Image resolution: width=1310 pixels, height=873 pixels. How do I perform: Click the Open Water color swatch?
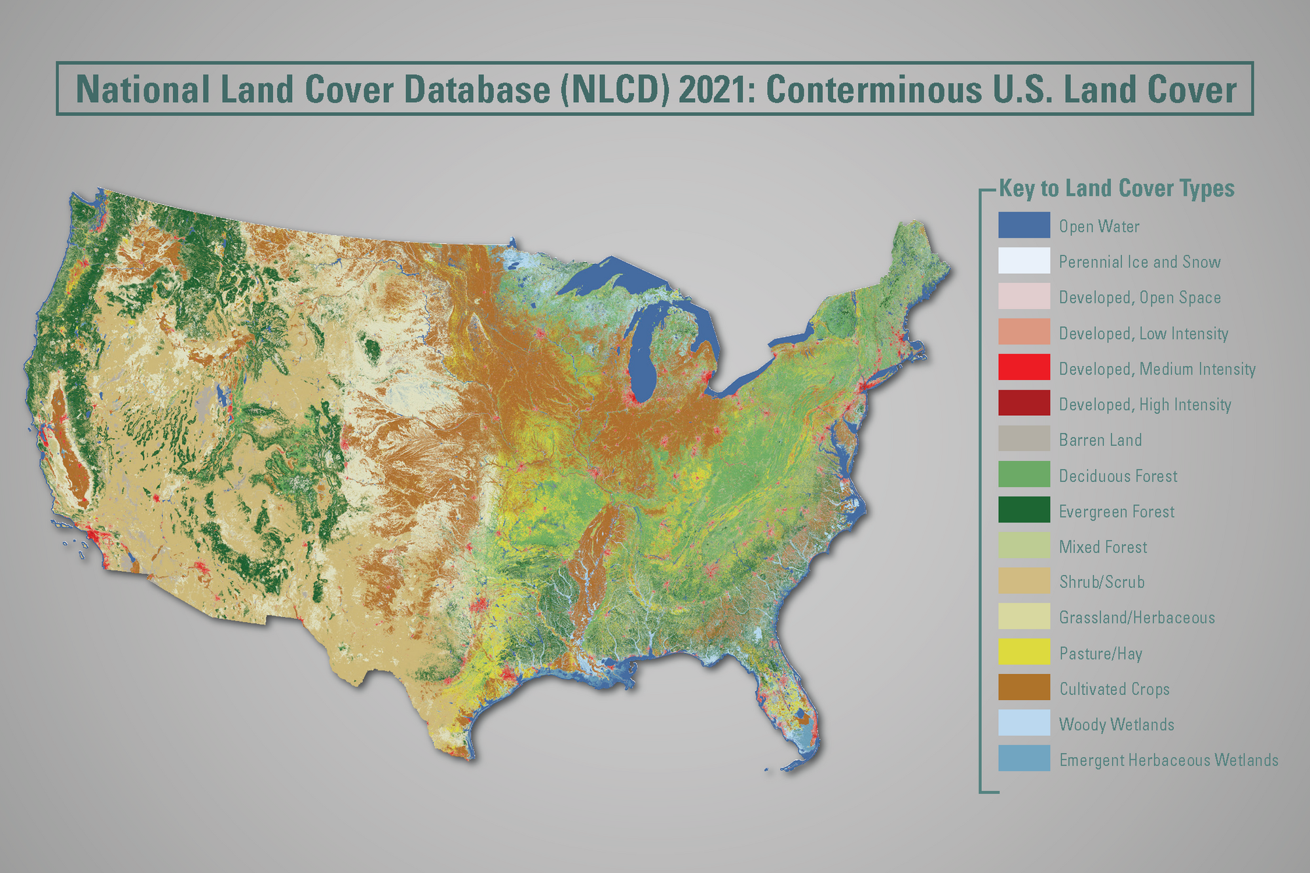[1024, 225]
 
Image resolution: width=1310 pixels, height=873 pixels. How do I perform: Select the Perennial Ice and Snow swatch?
[1024, 261]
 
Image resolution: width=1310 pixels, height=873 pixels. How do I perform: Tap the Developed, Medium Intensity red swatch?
[1024, 367]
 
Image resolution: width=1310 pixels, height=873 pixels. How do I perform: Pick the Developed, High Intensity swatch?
[1024, 403]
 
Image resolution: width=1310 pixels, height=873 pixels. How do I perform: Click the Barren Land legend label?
[1100, 440]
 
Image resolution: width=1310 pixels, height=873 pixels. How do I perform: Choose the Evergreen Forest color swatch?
[1024, 510]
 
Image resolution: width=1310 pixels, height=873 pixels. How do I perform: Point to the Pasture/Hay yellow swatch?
[1024, 652]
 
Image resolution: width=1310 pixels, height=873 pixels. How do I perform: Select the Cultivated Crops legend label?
[1114, 689]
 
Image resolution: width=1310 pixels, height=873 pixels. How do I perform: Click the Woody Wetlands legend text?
[1116, 724]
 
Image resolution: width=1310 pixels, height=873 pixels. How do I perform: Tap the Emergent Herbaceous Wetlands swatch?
[1024, 758]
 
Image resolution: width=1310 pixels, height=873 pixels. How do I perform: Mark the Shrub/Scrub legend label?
[1102, 582]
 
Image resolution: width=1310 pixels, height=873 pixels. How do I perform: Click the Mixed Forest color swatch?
[1024, 546]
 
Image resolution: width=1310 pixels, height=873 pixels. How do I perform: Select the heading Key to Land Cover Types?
[1116, 189]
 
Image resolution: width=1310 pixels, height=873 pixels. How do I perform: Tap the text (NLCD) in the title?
[614, 90]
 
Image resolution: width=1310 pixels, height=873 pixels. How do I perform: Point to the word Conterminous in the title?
[874, 90]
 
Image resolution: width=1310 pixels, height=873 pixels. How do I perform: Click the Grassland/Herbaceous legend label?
[1136, 618]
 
